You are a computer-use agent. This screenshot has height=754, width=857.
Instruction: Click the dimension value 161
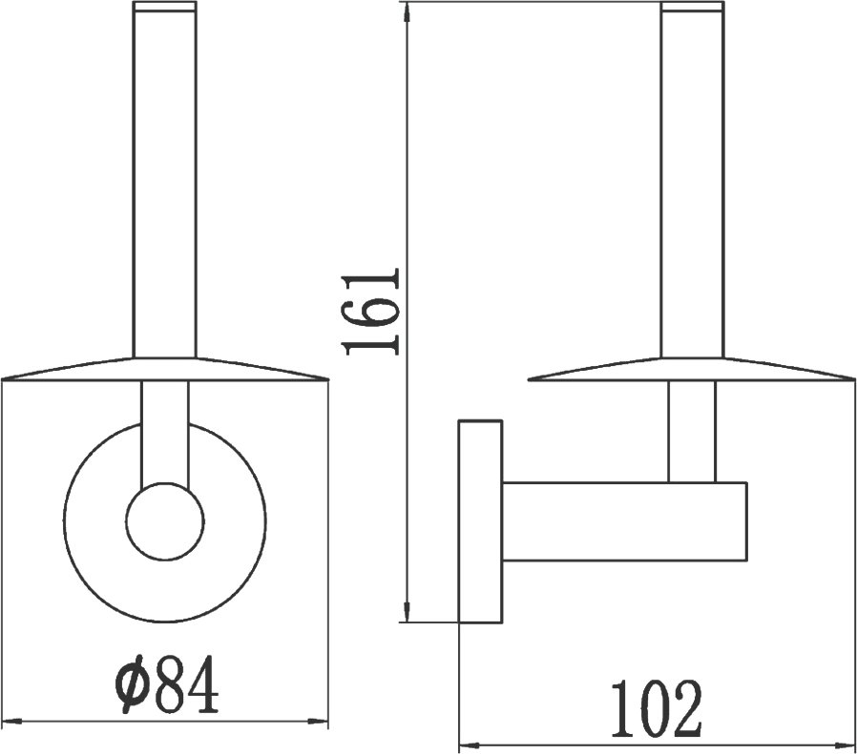(370, 311)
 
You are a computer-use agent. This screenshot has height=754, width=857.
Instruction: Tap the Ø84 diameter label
(167, 683)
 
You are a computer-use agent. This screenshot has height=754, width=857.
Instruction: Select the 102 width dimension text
(656, 708)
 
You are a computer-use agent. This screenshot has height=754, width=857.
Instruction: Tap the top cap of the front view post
(164, 6)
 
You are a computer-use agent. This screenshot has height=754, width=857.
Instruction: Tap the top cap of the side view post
(692, 6)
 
